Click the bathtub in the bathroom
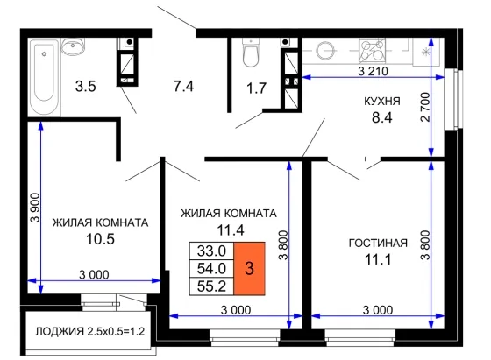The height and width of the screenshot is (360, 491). [x=44, y=77]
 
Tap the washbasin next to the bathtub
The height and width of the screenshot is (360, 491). [x=73, y=46]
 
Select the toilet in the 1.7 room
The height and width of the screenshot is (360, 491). [x=251, y=52]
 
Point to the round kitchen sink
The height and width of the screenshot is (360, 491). [x=325, y=50]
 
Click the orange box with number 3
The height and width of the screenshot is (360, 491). [x=249, y=268]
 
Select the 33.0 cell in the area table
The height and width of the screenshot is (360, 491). [x=211, y=251]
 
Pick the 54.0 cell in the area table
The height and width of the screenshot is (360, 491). [x=211, y=268]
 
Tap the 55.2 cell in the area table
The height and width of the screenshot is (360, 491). [x=211, y=286]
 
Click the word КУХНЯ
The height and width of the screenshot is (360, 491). [x=382, y=101]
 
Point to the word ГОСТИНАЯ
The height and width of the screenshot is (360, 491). [x=378, y=243]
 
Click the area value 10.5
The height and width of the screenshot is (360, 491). [x=100, y=239]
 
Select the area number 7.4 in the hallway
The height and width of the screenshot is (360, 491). [x=184, y=86]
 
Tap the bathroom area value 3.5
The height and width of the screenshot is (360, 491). [x=86, y=86]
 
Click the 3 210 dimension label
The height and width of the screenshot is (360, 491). [x=373, y=71]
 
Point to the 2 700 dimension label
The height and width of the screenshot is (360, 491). [x=425, y=107]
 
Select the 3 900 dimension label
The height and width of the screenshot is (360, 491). [x=35, y=208]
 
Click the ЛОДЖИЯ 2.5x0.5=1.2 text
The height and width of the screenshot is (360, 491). [x=90, y=331]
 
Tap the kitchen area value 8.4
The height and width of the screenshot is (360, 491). [x=382, y=118]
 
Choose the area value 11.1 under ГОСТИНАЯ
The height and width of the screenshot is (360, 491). [x=378, y=259]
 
